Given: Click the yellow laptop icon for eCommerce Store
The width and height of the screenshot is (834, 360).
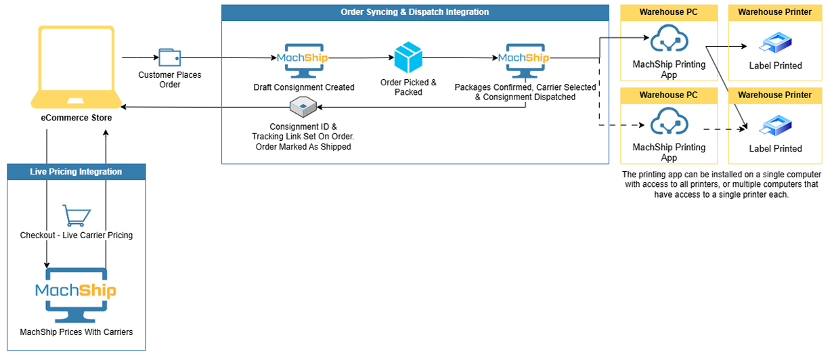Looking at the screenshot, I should [x=76, y=66].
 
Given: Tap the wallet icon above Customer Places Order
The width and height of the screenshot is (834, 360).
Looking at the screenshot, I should [x=169, y=58].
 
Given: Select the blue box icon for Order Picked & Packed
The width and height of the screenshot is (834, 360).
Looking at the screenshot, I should [x=408, y=58].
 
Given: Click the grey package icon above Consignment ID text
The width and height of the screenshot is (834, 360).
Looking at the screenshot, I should [x=303, y=106].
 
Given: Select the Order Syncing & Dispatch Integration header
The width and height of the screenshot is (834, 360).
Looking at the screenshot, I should [x=415, y=12].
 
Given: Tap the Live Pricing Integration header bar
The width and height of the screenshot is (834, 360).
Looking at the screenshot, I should [x=76, y=172].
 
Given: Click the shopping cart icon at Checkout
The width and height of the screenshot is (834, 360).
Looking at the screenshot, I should [x=76, y=216].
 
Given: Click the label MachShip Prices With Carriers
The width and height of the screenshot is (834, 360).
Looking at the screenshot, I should [x=76, y=332].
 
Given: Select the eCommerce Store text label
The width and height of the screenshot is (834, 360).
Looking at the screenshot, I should [x=76, y=118].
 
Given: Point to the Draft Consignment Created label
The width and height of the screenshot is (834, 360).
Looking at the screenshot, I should [x=303, y=87].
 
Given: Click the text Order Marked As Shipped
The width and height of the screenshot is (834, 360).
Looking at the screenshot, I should [x=302, y=147].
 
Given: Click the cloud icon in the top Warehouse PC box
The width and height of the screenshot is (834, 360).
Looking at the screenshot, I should [x=669, y=41].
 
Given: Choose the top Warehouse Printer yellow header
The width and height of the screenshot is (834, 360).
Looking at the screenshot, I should [x=774, y=12].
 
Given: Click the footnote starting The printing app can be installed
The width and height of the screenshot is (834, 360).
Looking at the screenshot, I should [x=721, y=184].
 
